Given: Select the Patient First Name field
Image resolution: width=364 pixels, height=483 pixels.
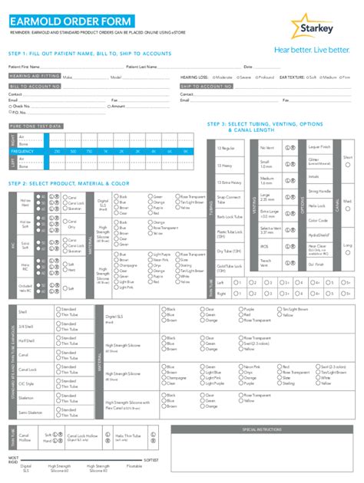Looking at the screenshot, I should tap(77, 67).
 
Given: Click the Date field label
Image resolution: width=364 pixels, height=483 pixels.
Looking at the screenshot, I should tap(247, 67).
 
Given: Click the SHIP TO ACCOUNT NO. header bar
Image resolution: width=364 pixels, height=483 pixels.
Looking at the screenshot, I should tap(206, 87).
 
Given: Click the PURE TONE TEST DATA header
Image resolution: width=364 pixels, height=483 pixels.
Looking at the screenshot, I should tap(35, 125).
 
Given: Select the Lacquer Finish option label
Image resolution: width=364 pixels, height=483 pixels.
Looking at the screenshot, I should tap(319, 146).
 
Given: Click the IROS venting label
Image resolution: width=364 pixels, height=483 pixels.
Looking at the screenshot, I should tap(264, 247).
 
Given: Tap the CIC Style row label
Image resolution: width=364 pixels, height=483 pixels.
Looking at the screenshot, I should tap(26, 383).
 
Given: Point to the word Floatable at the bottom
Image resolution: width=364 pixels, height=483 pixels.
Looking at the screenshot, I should tap(134, 465).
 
